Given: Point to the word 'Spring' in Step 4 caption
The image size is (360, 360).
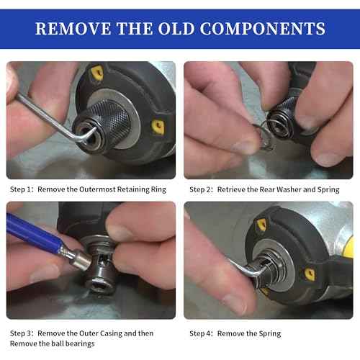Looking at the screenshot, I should [x=269, y=333].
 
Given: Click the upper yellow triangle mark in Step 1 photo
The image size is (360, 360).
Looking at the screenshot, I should [x=97, y=73].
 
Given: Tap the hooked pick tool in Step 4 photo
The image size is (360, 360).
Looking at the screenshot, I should [x=241, y=271].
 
